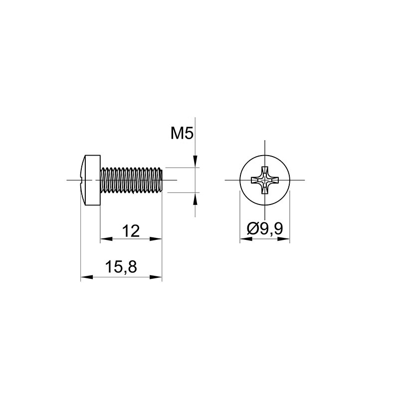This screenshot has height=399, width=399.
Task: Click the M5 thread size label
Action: (x=182, y=134)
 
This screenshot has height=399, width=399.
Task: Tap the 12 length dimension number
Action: (x=131, y=231)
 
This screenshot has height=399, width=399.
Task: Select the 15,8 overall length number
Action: (x=121, y=267)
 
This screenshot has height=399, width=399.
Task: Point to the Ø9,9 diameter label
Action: (x=265, y=228)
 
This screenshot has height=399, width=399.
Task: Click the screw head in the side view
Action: (x=90, y=180)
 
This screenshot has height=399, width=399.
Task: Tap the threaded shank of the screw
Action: (x=131, y=180)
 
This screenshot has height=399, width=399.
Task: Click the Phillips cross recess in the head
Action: (x=265, y=180)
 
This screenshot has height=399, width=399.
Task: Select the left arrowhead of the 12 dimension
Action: (x=106, y=239)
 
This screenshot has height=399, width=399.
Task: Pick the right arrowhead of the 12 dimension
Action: (x=156, y=239)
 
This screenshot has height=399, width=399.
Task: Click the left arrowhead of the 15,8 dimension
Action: (x=87, y=277)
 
